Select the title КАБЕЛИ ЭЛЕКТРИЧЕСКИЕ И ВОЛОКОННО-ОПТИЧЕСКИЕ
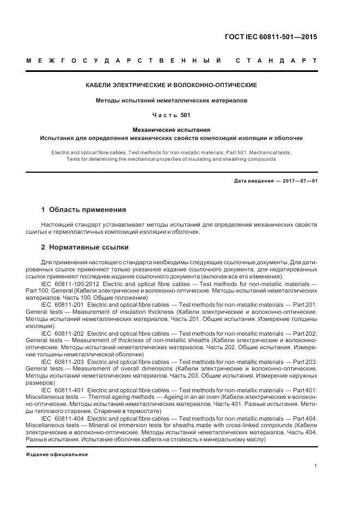pyautogui.click(x=172, y=86)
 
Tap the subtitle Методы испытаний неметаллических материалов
pyautogui.click(x=172, y=101)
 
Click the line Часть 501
pyautogui.click(x=172, y=116)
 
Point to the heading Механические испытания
pyautogui.click(x=172, y=130)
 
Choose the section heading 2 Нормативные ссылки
pyautogui.click(x=85, y=247)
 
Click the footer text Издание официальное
pyautogui.click(x=57, y=454)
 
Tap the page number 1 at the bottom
pyautogui.click(x=316, y=466)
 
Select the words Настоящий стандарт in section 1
pyautogui.click(x=70, y=224)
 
